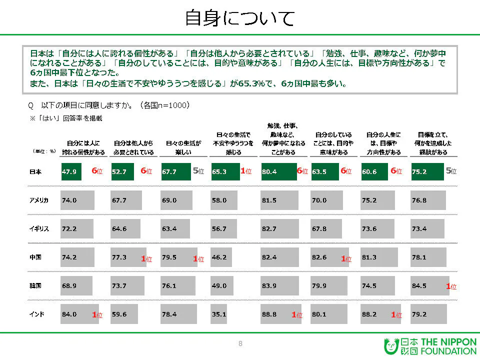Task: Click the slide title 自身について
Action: point(239,18)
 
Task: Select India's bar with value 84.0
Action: point(78,314)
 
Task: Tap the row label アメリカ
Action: point(39,200)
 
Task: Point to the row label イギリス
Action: point(39,229)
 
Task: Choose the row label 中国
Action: point(35,257)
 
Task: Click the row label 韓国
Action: point(35,286)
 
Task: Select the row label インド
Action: point(37,314)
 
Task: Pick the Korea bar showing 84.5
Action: point(429,286)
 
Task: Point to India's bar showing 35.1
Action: point(218,314)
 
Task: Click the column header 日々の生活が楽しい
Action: point(180,143)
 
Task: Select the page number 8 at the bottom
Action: point(240,343)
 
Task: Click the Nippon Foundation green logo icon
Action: point(391,346)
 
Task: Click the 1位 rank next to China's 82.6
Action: point(346,259)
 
